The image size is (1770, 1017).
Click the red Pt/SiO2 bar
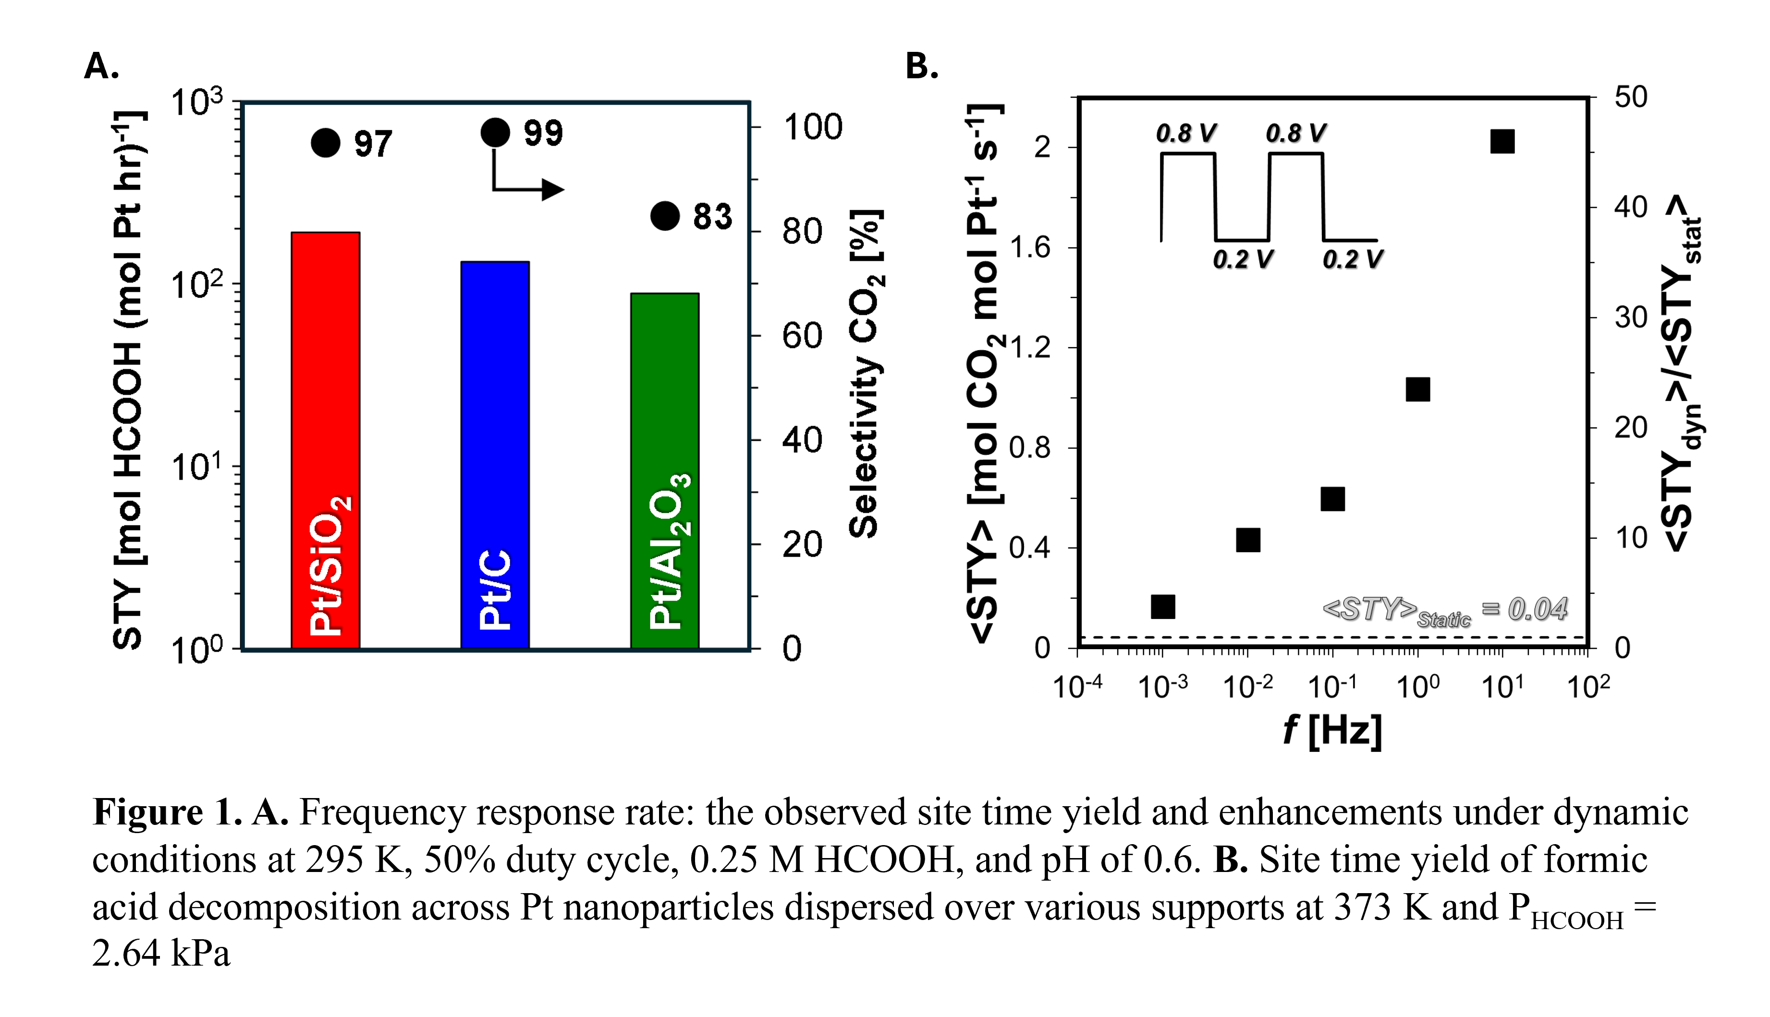[326, 440]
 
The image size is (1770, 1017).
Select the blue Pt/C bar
[495, 454]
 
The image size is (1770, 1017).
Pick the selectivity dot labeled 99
[495, 132]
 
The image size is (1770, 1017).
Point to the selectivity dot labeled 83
[664, 216]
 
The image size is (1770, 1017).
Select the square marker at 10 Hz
[1502, 142]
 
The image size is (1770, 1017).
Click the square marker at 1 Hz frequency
[1417, 389]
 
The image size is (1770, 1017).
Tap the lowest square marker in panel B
[1162, 607]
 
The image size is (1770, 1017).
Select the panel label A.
[101, 66]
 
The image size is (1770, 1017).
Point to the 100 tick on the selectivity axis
[812, 127]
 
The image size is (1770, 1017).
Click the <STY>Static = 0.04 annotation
[1444, 610]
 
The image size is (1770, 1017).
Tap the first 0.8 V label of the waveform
[1185, 133]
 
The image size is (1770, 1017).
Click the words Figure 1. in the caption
[167, 812]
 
